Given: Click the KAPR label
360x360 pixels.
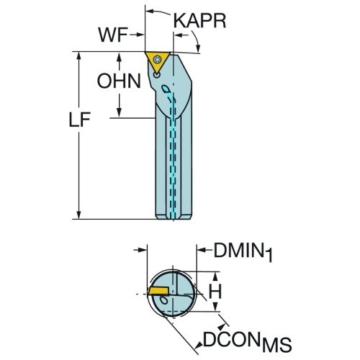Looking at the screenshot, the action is pos(199,21).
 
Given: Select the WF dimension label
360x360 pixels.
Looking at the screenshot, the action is pos(113,35).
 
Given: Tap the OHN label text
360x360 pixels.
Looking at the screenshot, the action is pos(119,81).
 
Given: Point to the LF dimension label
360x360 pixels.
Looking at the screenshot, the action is pos(80,120).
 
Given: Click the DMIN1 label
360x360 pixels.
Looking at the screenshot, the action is pos(243,252).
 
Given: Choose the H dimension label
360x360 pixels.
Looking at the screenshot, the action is pos(215,292).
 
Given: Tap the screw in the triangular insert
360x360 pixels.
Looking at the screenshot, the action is pos(158,59).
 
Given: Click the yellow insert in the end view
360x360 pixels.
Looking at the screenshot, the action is pos(159,290).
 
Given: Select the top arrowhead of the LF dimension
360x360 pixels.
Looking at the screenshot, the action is pos(78,55).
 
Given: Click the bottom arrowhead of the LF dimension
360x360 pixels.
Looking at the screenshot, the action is pos(78,215).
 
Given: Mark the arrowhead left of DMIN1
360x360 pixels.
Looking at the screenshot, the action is pos(201,250).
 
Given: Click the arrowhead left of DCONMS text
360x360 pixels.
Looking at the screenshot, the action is pos(199,345).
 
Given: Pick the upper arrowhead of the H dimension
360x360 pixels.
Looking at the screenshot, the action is pos(215,276).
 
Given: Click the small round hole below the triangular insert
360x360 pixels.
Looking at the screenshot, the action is pos(157,76).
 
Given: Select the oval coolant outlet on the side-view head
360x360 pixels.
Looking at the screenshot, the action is pos(165,89).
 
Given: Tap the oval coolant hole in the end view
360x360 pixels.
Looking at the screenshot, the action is pos(163,300).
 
